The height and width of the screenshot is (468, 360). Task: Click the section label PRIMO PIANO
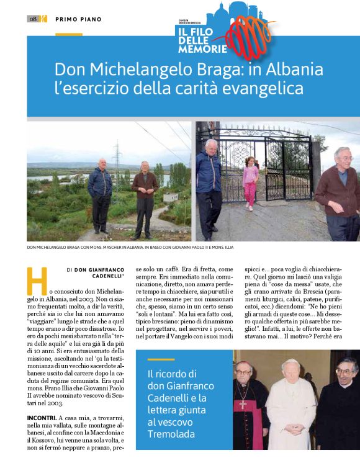point(78,19)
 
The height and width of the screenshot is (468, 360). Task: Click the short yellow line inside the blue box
point(161,359)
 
